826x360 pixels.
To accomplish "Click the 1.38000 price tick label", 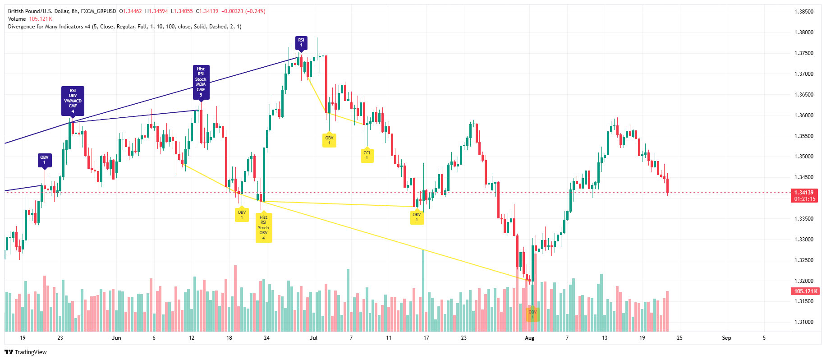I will (803, 32).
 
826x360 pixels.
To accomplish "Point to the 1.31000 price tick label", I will (803, 322).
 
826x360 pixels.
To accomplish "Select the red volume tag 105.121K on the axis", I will (805, 291).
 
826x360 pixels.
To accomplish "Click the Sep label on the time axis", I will (726, 338).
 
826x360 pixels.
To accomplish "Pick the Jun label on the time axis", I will (116, 338).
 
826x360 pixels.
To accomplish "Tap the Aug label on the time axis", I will (529, 338).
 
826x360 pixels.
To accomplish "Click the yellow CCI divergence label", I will (367, 155).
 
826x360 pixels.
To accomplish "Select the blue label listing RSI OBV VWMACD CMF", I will (73, 101).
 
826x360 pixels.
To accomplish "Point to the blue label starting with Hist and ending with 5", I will (201, 82).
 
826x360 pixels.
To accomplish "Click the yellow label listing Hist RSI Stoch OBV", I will (263, 227).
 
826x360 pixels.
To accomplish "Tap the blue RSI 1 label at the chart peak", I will (301, 42).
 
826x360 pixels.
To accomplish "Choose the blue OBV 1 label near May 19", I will (44, 160).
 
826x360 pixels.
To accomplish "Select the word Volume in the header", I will (17, 19).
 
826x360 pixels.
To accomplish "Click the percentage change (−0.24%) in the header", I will (255, 11).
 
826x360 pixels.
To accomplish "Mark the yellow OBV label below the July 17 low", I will (417, 217).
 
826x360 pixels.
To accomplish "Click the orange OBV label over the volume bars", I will (532, 314).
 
